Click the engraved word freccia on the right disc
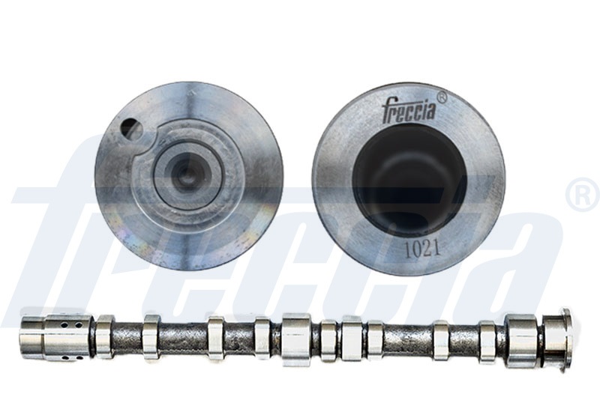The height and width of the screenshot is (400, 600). pyautogui.click(x=409, y=110)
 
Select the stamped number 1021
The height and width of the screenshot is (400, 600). pyautogui.click(x=422, y=249)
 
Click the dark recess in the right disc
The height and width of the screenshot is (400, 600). pyautogui.click(x=409, y=180)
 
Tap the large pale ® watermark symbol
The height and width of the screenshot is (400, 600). pyautogui.click(x=582, y=195)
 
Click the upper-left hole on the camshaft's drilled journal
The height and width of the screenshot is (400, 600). pyautogui.click(x=65, y=326)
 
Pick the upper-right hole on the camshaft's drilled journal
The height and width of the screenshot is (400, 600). pyautogui.click(x=79, y=326)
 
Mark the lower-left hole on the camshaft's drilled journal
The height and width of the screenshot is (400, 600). pyautogui.click(x=65, y=358)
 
